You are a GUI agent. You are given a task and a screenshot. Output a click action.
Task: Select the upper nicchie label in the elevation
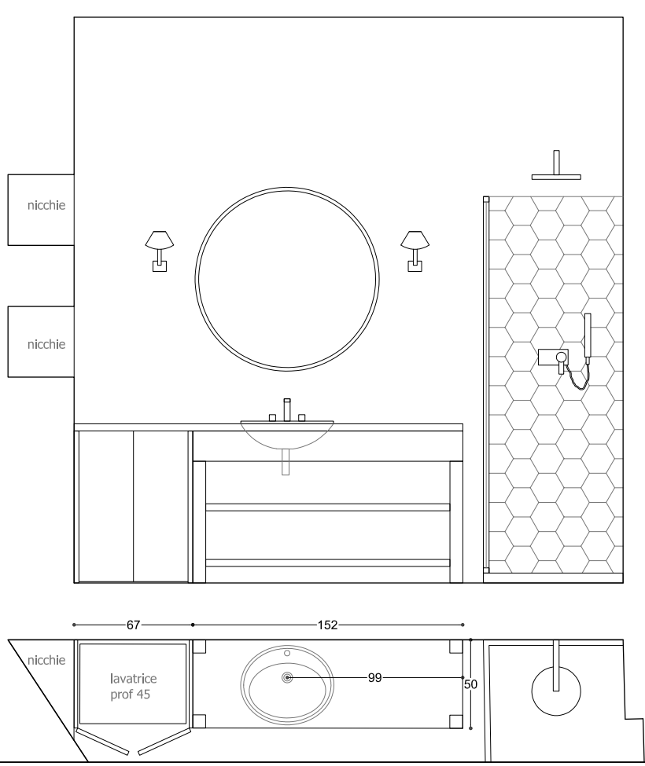click(46, 205)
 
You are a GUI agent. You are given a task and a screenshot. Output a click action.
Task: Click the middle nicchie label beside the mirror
click(46, 344)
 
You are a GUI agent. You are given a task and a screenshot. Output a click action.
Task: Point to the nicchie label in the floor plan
click(46, 661)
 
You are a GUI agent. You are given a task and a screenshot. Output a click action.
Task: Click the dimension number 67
click(134, 625)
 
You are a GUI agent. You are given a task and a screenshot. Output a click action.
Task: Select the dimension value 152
click(328, 625)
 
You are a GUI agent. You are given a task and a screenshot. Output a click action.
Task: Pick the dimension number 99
click(374, 677)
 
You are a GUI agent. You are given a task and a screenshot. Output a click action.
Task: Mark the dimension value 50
click(470, 684)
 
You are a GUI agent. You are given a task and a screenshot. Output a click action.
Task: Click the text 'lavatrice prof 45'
click(133, 687)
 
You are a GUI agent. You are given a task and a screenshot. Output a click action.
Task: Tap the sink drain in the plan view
click(287, 677)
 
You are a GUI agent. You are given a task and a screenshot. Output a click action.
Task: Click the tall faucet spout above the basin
click(287, 409)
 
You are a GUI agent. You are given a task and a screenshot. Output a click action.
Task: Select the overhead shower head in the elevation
click(556, 165)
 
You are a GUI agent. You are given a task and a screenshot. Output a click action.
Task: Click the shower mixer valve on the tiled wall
click(553, 357)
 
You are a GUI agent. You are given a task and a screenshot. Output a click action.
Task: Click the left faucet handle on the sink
click(273, 418)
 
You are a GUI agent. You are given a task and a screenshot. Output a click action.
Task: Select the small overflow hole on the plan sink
click(287, 653)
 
